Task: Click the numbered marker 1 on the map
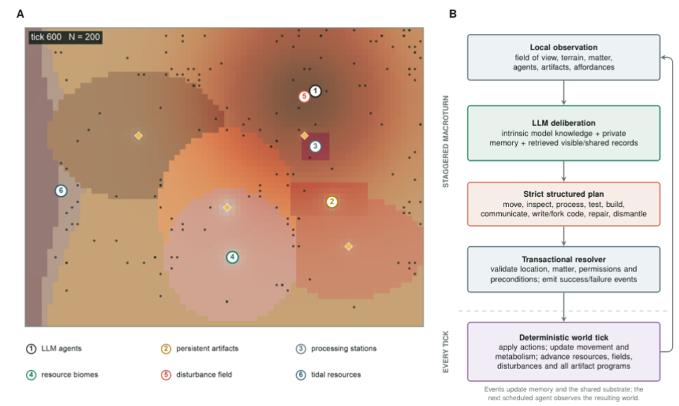coord(315,91)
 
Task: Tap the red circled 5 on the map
coord(304,96)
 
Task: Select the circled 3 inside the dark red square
coord(315,146)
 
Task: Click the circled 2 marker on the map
coord(332,202)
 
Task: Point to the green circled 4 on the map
coord(233,257)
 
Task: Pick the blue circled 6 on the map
coord(61,190)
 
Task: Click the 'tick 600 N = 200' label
coord(65,37)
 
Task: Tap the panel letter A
coord(20,14)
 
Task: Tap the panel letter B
coord(453,14)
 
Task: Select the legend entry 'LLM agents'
coord(53,348)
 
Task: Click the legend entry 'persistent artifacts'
coord(200,348)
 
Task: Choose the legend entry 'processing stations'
coord(336,348)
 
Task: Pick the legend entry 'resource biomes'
coord(62,375)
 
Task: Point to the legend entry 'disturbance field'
coord(197,375)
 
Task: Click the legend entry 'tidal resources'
coord(328,375)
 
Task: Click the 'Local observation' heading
coord(563,47)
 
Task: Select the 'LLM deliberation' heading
coord(563,123)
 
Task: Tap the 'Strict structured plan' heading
coord(563,194)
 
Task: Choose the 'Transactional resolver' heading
coord(563,260)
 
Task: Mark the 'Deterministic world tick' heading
coord(563,337)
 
